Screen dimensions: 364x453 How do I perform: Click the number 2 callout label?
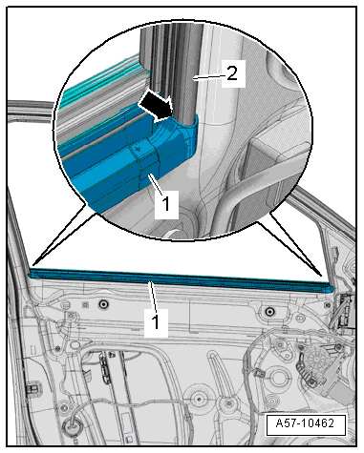tap(232, 73)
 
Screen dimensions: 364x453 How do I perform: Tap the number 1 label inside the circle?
tap(166, 203)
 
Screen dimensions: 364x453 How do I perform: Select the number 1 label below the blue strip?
tap(156, 322)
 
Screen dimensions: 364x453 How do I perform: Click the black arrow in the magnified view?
tap(156, 107)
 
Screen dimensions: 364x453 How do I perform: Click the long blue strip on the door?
tap(182, 279)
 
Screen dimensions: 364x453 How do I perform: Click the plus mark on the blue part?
tap(138, 149)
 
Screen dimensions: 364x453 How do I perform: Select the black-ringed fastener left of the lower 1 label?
tap(103, 305)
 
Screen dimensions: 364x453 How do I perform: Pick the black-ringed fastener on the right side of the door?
tap(269, 311)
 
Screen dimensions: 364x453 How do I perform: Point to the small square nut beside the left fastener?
tap(85, 305)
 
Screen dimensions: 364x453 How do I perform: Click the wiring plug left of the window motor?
tap(259, 372)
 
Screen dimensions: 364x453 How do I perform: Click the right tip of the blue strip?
tap(333, 289)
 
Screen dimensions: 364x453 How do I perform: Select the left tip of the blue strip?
tap(31, 273)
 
